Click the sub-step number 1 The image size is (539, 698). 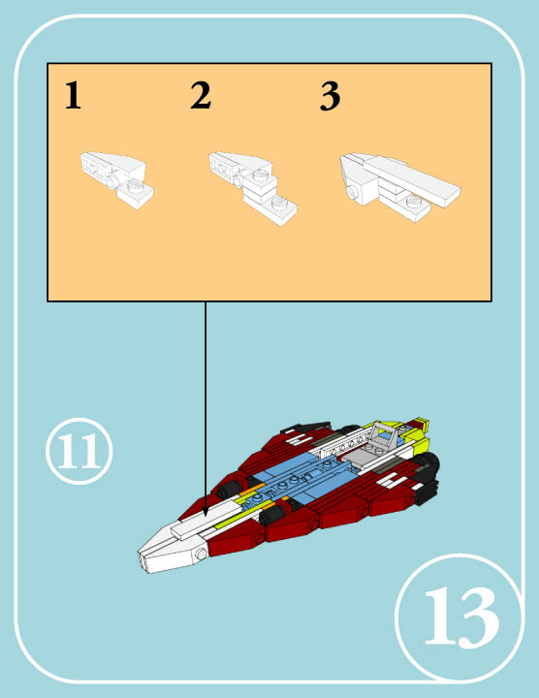(73, 97)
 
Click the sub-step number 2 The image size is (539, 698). (201, 97)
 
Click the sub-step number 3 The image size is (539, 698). (331, 97)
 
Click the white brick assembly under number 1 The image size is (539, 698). (115, 176)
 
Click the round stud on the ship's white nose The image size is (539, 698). (201, 553)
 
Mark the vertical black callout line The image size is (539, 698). (206, 407)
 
